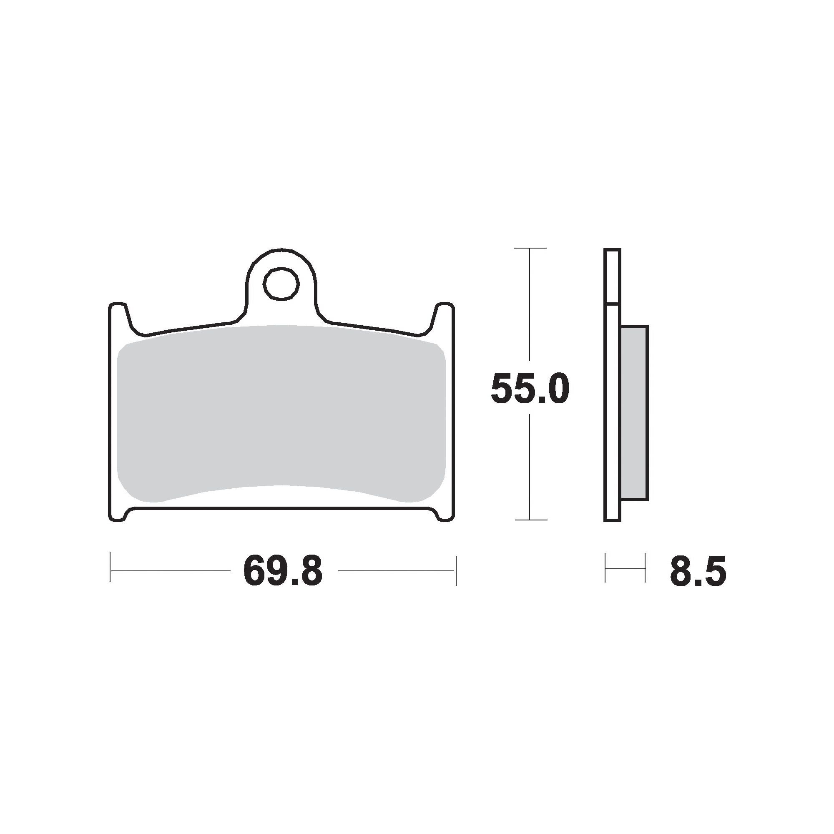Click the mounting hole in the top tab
coord(281,284)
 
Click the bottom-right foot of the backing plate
coord(443,514)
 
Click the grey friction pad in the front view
coord(281,414)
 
